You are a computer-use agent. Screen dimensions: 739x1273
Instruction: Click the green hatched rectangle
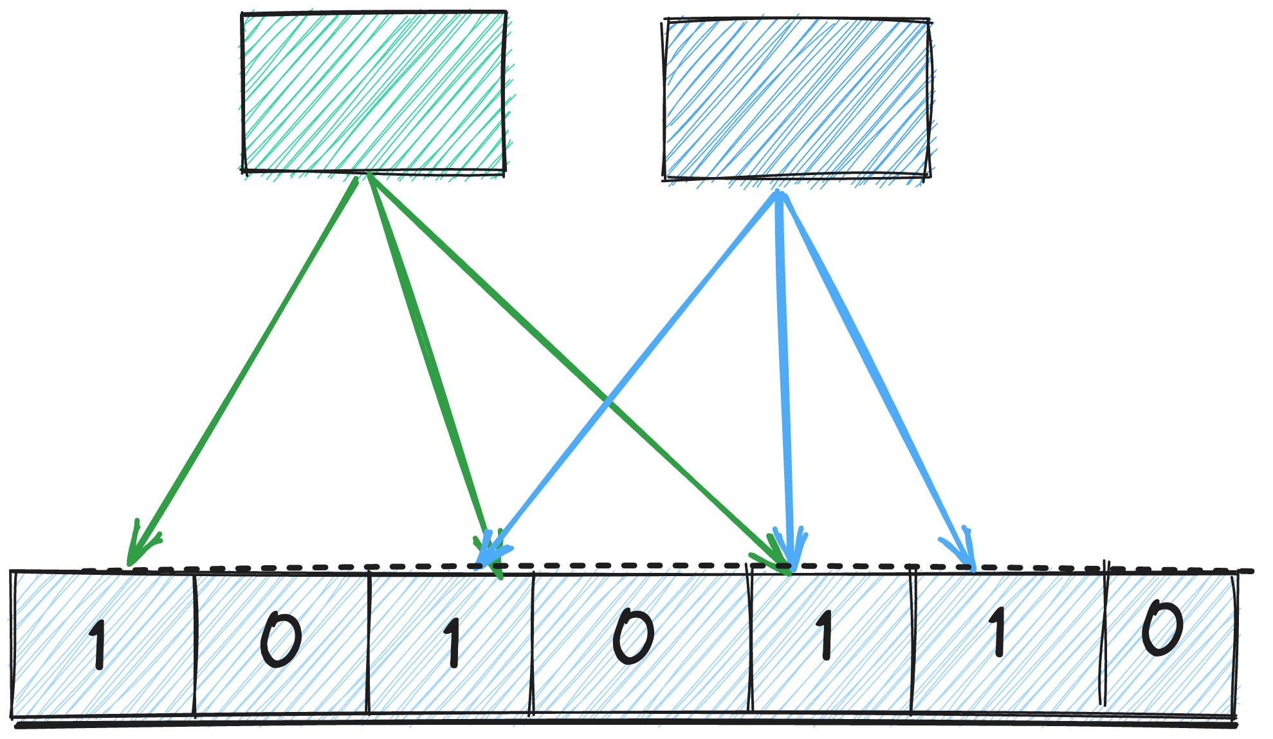373,92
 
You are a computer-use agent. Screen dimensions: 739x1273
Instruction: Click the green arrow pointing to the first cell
244,367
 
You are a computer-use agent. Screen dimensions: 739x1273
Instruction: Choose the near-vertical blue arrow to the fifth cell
784,373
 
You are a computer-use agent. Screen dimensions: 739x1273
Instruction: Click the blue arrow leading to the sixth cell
875,373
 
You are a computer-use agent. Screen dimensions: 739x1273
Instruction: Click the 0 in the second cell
280,640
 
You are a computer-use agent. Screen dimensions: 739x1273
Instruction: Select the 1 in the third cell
453,642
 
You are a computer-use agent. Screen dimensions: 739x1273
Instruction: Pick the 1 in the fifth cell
825,636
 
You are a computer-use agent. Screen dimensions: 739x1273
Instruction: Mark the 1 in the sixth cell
998,633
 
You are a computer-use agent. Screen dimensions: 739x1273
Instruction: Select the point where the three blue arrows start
779,193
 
